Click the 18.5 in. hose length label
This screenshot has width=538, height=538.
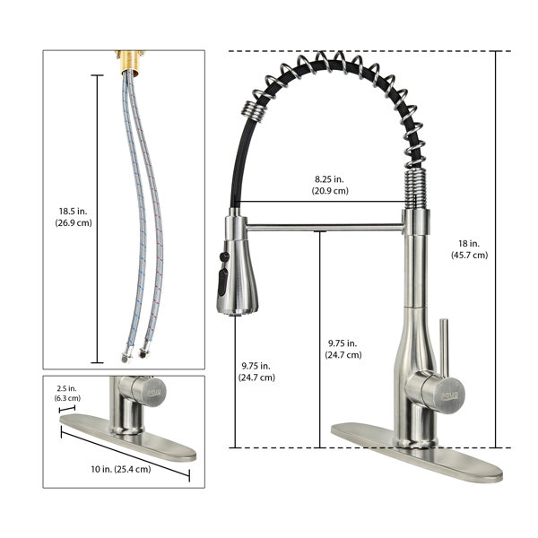[x=74, y=212]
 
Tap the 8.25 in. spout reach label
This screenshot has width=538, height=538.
[x=329, y=179]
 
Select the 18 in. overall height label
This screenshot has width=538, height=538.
[x=469, y=244]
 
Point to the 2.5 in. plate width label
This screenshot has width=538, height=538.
[x=67, y=388]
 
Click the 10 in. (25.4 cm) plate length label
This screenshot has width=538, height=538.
[x=121, y=469]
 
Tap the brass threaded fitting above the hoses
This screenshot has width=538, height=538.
[x=130, y=62]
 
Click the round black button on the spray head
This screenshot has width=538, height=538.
[x=224, y=256]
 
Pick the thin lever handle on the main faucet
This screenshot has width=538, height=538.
[x=444, y=346]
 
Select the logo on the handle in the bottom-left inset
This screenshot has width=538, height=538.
[x=154, y=392]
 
